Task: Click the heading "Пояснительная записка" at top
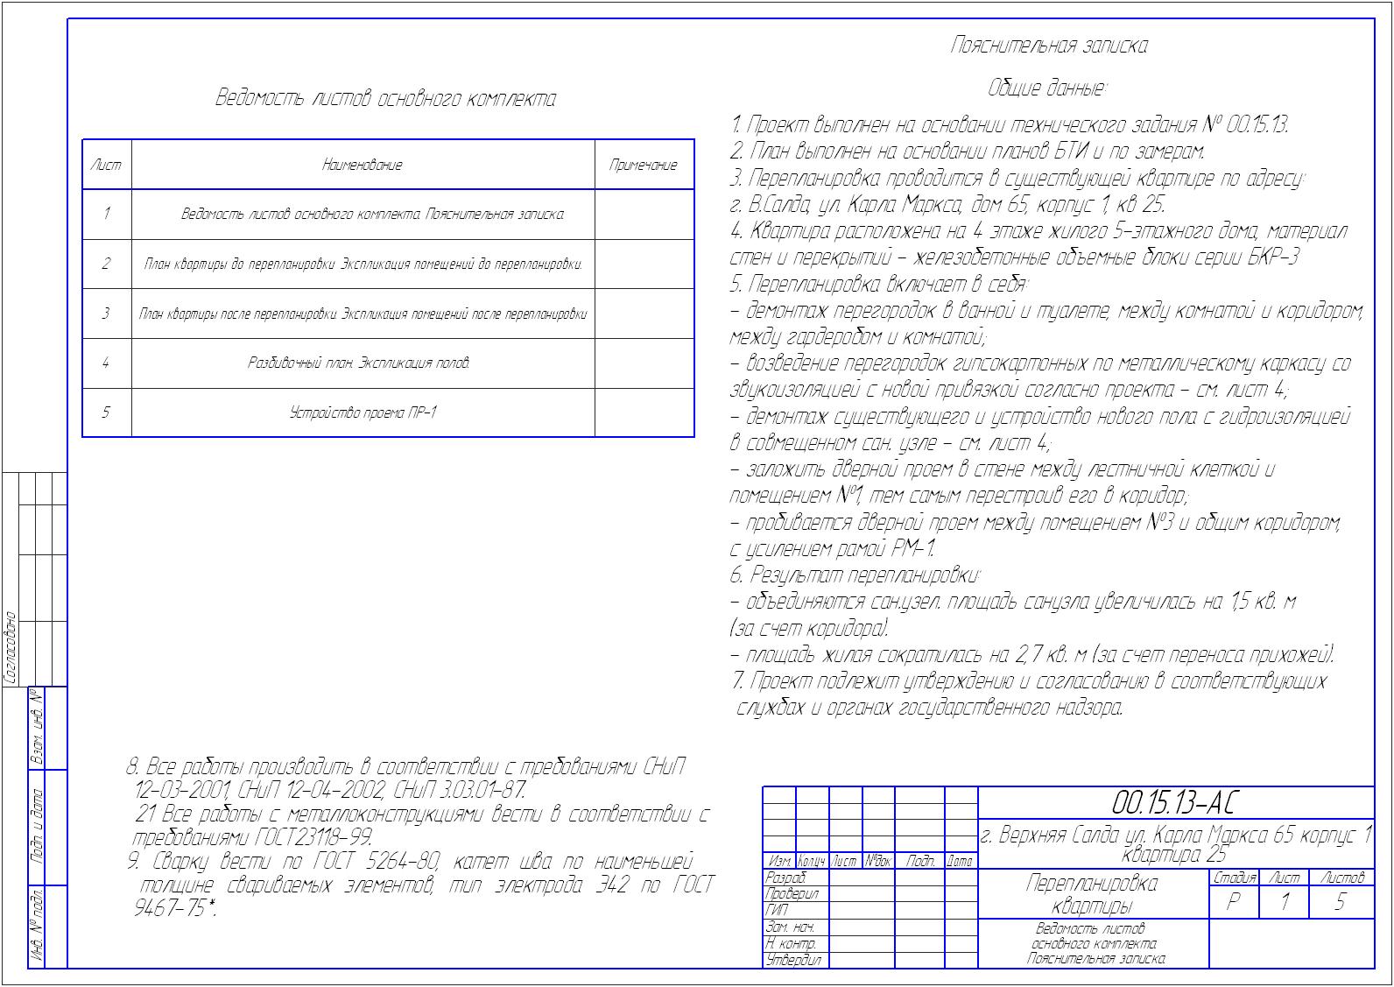tap(1048, 46)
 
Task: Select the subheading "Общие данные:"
tap(1047, 88)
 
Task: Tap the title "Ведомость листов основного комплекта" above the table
tap(386, 98)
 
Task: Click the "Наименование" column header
tap(363, 165)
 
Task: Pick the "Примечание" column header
tap(644, 165)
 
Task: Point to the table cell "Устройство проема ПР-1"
tap(363, 412)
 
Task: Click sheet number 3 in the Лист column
tap(106, 314)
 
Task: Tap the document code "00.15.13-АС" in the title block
tap(1174, 802)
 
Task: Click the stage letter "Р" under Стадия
tap(1233, 902)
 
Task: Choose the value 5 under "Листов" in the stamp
tap(1340, 902)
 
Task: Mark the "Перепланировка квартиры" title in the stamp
tap(1091, 893)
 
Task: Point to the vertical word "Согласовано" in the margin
tap(12, 648)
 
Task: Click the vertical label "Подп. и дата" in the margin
tap(38, 827)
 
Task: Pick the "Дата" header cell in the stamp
tap(961, 862)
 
